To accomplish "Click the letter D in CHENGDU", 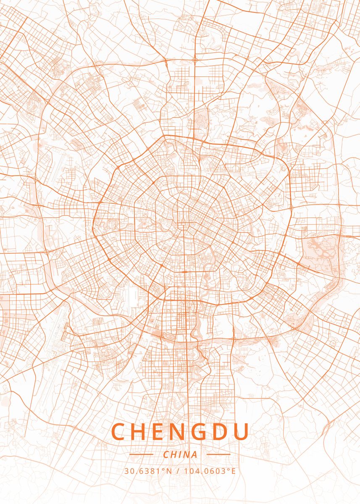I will click(x=221, y=432).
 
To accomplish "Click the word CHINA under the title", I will click(x=180, y=454).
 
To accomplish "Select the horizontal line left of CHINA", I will click(x=141, y=454).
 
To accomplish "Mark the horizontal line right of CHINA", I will click(x=219, y=454).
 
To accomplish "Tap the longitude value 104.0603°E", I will click(x=209, y=471).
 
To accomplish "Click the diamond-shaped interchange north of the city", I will click(x=195, y=60).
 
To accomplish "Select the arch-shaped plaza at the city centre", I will click(x=184, y=221).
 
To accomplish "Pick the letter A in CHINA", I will click(x=194, y=454).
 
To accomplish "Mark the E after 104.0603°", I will click(x=234, y=471).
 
